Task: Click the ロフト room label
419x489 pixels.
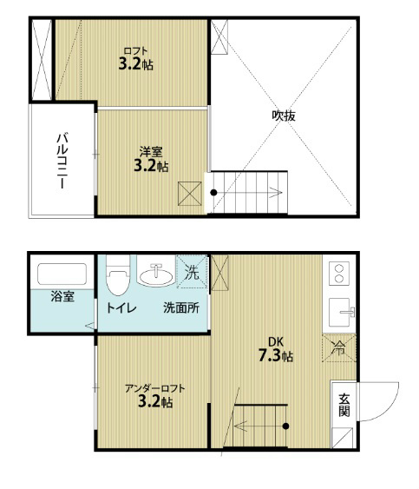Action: pyautogui.click(x=135, y=50)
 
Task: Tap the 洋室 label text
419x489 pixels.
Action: pyautogui.click(x=151, y=152)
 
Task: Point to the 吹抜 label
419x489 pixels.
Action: pyautogui.click(x=284, y=116)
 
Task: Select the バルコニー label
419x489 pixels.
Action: pyautogui.click(x=62, y=161)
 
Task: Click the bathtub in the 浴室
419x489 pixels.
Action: pyautogui.click(x=62, y=274)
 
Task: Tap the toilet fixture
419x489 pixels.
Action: pyautogui.click(x=118, y=275)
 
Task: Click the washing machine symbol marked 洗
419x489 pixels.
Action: pyautogui.click(x=192, y=271)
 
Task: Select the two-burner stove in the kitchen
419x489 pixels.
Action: pyautogui.click(x=339, y=274)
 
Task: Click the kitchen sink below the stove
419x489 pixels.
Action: pyautogui.click(x=342, y=312)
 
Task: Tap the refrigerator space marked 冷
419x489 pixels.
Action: pyautogui.click(x=339, y=348)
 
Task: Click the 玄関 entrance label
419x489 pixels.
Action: pyautogui.click(x=344, y=405)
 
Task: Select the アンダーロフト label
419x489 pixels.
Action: pyautogui.click(x=154, y=388)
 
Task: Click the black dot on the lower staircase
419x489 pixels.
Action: pyautogui.click(x=285, y=426)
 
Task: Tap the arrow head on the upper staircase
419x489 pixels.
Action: pyautogui.click(x=277, y=192)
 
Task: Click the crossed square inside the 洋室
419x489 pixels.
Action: pyautogui.click(x=190, y=194)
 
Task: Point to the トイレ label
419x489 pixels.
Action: pyautogui.click(x=121, y=308)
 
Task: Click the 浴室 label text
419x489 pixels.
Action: pyautogui.click(x=62, y=296)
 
